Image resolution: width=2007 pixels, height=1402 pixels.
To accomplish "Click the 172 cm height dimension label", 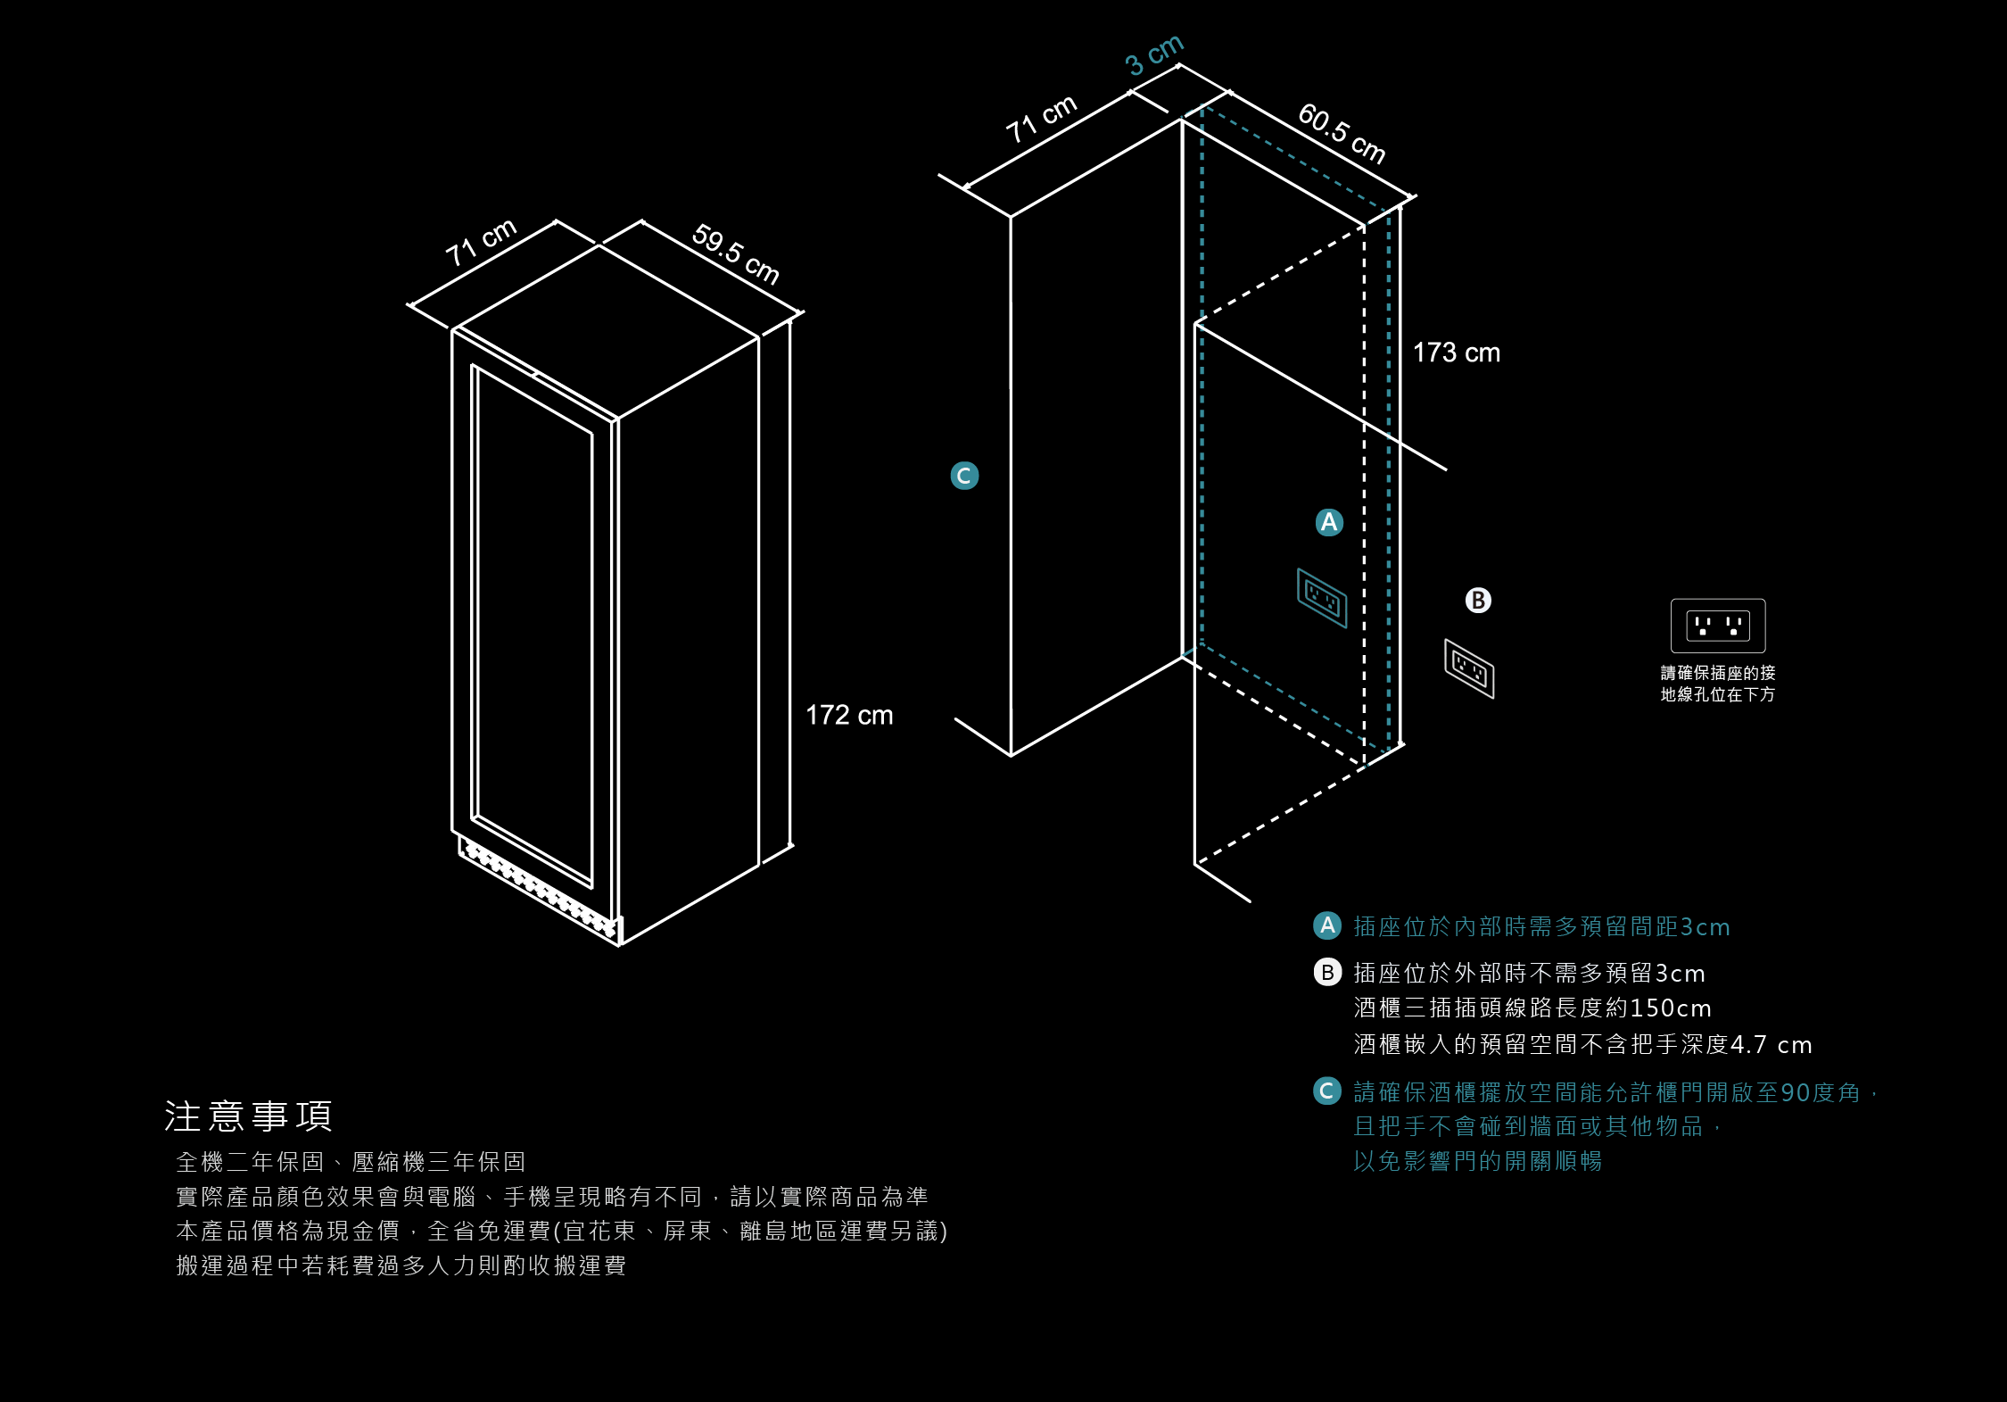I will click(849, 715).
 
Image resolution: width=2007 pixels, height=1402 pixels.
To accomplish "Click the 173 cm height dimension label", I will click(1456, 353).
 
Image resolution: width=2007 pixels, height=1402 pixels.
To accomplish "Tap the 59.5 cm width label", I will click(736, 254).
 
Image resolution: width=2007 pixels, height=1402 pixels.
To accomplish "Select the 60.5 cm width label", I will click(1342, 133).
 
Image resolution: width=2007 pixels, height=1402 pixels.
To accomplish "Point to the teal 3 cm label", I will click(1154, 55).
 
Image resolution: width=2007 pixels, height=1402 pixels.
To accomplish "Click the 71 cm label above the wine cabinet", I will click(481, 242).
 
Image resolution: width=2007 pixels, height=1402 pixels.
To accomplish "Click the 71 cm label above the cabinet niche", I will click(1041, 119).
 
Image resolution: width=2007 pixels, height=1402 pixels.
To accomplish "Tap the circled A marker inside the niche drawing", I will click(1329, 522).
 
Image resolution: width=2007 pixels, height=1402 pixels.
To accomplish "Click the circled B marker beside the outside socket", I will click(1478, 601).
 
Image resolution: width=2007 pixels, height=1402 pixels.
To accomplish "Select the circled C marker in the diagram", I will click(964, 476).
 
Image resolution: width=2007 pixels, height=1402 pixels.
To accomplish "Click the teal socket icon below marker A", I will click(1322, 597).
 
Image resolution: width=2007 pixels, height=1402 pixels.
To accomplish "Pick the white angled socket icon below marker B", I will click(1469, 668).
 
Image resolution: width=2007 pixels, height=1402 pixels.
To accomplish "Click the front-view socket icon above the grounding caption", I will click(1717, 626).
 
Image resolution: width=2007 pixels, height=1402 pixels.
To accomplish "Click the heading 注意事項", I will click(248, 1116).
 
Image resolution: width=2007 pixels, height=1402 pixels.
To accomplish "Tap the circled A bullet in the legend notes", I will click(1327, 925).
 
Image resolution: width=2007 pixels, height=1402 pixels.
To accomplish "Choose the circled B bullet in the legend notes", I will click(1327, 972).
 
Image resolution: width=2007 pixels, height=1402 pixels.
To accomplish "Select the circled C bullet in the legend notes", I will click(1327, 1091).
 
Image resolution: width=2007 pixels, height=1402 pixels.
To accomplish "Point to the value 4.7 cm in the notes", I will click(1771, 1044).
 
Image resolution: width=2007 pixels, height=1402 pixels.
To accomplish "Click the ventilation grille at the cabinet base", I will click(539, 888).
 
